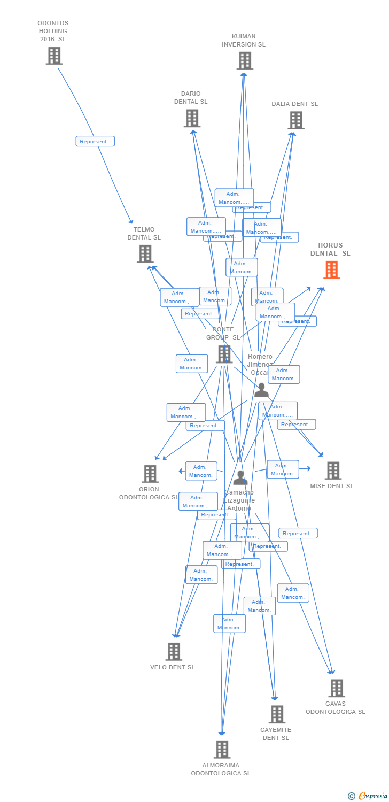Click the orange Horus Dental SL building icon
(331, 270)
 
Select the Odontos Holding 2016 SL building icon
(54, 56)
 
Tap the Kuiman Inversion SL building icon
(245, 61)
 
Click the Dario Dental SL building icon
(192, 118)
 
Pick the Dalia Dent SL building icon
(295, 120)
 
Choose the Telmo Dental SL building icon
(145, 254)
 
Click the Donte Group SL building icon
(224, 354)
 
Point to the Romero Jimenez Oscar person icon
(261, 390)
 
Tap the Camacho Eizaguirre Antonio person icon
(240, 477)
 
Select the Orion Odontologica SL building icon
(150, 474)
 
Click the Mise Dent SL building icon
(333, 471)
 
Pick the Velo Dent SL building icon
(174, 652)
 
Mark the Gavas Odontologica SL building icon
(336, 688)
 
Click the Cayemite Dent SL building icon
(277, 714)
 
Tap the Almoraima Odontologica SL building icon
(222, 750)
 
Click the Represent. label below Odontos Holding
(95, 142)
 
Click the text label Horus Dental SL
(330, 250)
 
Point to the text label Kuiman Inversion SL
(244, 41)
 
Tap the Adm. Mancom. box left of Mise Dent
(283, 469)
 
